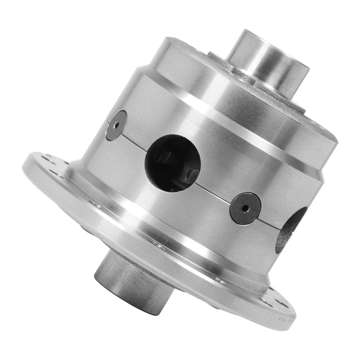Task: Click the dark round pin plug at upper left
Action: (x=116, y=125)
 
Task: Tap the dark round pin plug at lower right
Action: (x=246, y=208)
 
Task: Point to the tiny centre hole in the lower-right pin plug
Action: (x=246, y=208)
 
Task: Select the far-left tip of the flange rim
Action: (x=24, y=166)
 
